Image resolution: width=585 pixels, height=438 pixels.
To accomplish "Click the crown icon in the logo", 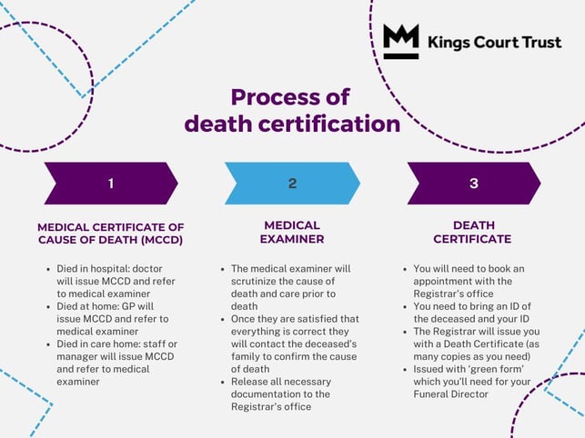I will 400,41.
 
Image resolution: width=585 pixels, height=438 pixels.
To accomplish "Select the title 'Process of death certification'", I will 292,110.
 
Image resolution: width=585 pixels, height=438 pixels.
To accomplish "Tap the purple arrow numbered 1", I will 110,183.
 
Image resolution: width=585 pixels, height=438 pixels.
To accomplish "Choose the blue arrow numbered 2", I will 292,183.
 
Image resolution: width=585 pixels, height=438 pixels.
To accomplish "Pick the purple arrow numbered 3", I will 473,183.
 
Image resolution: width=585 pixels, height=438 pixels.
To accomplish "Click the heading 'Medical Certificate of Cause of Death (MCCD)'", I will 110,233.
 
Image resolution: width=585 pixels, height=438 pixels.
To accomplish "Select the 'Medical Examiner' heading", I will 292,233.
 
